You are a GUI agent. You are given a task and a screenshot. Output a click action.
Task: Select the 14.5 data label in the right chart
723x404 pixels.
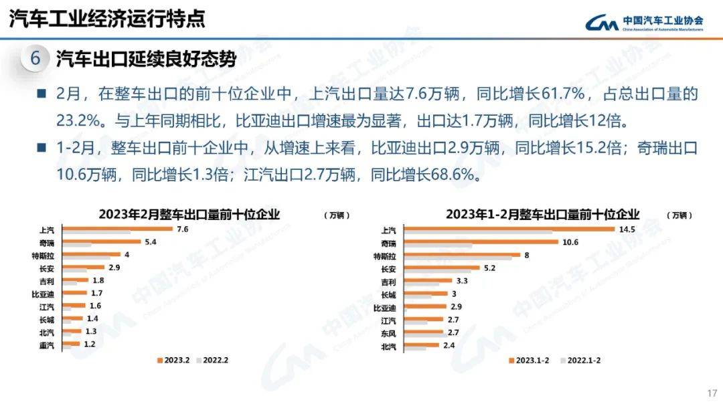pos(627,229)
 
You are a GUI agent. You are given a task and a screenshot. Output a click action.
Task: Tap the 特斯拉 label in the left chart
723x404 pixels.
pos(50,255)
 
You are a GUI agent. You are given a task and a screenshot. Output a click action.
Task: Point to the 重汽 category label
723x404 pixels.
pos(47,345)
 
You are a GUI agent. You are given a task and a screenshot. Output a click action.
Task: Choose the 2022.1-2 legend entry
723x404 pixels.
pos(579,360)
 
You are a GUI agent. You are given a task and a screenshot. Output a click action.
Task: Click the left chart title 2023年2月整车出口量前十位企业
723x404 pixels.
pos(189,215)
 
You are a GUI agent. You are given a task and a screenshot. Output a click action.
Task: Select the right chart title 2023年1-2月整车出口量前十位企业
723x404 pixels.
pos(543,215)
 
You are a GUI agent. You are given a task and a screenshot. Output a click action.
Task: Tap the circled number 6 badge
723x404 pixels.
pos(35,59)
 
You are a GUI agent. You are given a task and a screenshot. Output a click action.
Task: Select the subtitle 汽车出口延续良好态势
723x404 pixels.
pos(146,59)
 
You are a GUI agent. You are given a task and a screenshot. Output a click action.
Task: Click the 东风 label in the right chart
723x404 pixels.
pos(388,333)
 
